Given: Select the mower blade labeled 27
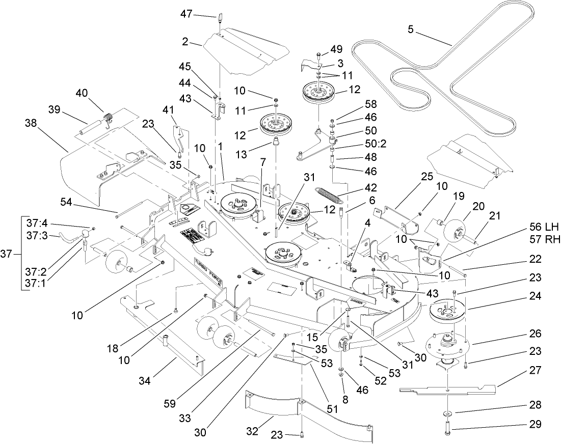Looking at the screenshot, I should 448,391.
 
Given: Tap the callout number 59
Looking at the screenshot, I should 169,403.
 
